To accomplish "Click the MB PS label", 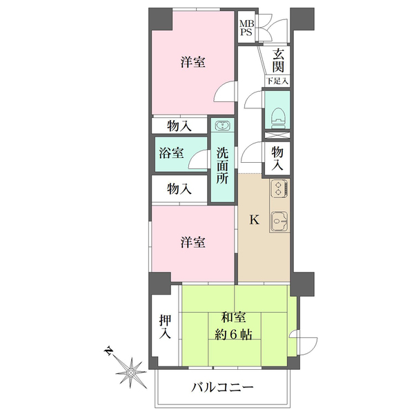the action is click(246, 28).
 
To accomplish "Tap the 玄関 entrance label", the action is click(278, 61).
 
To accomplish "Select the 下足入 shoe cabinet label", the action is click(277, 81).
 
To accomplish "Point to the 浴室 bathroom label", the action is click(171, 153).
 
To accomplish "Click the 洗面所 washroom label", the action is click(222, 166).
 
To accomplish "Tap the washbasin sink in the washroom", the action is click(223, 125).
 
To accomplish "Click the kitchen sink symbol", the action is click(279, 221).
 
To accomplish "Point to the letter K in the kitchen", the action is click(255, 219).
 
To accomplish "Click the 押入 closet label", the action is click(165, 327).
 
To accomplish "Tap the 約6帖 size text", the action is click(233, 335).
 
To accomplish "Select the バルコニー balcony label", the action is click(222, 388).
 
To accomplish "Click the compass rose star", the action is click(131, 373).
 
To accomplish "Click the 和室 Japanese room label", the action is click(233, 317).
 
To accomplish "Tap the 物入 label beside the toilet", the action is click(277, 159).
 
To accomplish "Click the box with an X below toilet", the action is click(277, 135).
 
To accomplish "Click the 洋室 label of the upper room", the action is click(193, 62).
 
